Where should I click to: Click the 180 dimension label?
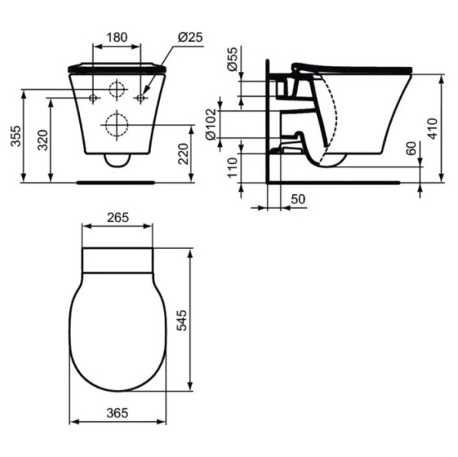click(117, 37)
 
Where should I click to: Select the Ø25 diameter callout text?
click(191, 37)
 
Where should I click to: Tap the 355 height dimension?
click(16, 136)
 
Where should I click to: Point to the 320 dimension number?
click(43, 140)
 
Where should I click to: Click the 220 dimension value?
click(184, 154)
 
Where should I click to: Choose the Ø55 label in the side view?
click(232, 59)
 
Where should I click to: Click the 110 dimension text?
click(232, 168)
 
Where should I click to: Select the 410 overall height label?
click(432, 129)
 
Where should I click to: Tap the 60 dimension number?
click(412, 149)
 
